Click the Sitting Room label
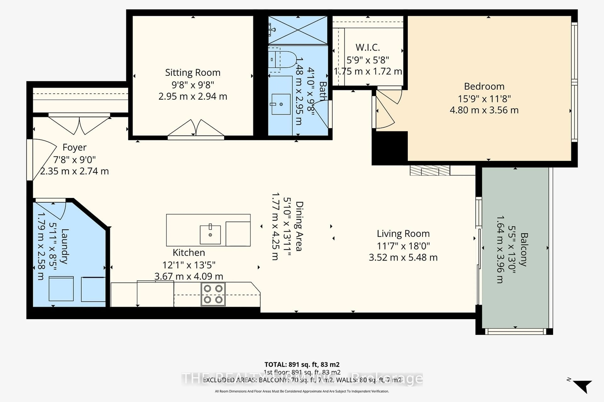[x=193, y=73]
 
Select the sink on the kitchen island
[x=210, y=235]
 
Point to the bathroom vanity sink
[x=281, y=104]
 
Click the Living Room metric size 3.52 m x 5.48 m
[x=403, y=257]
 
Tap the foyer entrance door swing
[x=42, y=159]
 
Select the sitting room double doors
[x=196, y=128]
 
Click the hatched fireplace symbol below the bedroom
[x=430, y=171]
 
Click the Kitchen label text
[x=189, y=253]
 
